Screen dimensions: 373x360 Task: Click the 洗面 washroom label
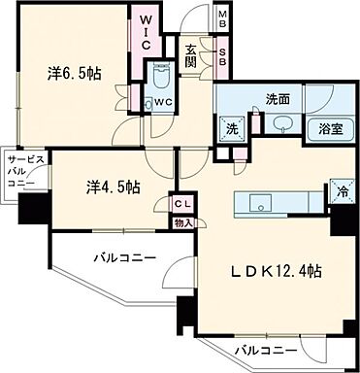point(278,98)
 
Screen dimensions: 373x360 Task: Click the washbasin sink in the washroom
point(282,124)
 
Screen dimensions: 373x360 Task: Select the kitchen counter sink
point(259,203)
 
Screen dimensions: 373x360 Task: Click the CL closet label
point(183,203)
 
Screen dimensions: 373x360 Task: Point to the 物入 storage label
point(183,221)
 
